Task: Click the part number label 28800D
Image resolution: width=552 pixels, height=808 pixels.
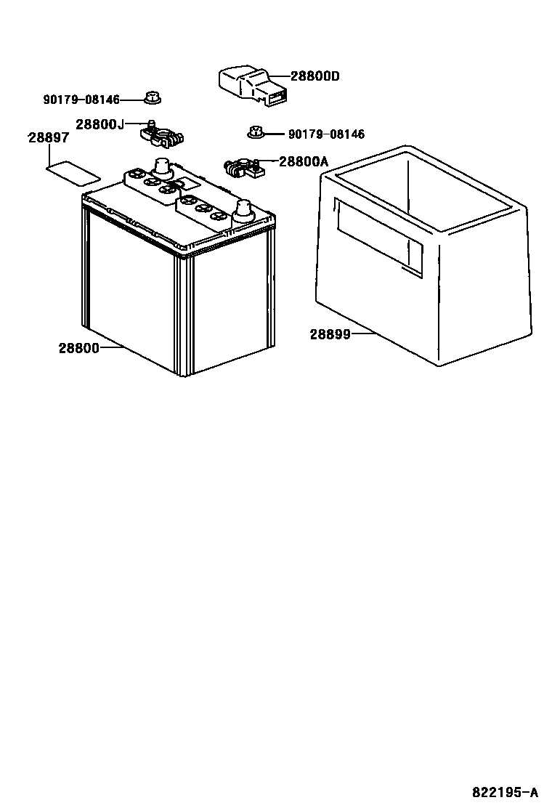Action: [x=315, y=76]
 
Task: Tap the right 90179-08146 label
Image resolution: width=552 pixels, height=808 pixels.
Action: [x=326, y=134]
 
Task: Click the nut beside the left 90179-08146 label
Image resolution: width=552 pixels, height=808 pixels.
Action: [x=152, y=97]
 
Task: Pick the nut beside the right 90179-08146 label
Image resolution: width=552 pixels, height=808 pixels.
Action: [x=255, y=132]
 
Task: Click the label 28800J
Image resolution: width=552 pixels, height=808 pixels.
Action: [x=100, y=124]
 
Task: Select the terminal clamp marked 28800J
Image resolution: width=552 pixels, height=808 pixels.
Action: [x=164, y=135]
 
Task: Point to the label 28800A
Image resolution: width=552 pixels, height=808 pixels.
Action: [x=304, y=162]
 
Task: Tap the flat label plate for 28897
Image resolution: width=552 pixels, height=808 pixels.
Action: [x=73, y=174]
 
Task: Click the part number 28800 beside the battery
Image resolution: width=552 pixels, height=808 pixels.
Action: [x=78, y=348]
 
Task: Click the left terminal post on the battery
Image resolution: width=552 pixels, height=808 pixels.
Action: [x=162, y=168]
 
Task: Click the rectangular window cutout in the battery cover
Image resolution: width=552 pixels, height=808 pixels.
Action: [x=378, y=236]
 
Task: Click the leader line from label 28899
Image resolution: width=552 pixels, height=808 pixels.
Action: [x=363, y=334]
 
